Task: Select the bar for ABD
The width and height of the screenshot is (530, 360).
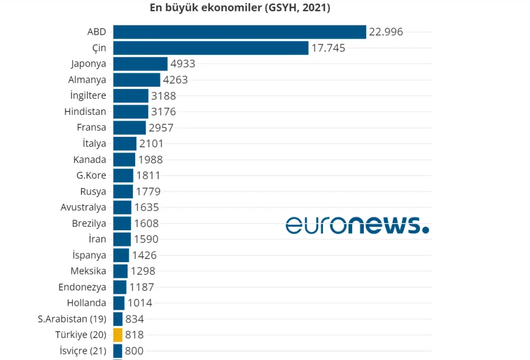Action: click(x=240, y=32)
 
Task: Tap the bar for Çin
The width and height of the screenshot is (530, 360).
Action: click(x=210, y=48)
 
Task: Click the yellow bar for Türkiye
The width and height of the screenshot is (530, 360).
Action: click(x=118, y=335)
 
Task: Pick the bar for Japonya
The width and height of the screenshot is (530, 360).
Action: click(x=140, y=64)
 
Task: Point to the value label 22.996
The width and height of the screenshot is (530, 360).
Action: click(x=386, y=32)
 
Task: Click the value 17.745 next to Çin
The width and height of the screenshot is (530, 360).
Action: click(x=328, y=48)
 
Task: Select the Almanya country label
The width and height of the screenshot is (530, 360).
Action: click(x=87, y=80)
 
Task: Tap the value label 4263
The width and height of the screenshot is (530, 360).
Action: click(x=176, y=80)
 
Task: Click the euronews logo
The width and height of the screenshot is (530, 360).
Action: click(x=357, y=225)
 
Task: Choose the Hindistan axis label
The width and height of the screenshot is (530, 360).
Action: click(x=85, y=112)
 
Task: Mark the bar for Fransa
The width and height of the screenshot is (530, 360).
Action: click(x=130, y=128)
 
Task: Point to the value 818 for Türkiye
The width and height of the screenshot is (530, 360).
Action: click(x=135, y=335)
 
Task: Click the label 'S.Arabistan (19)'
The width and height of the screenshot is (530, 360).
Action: click(x=72, y=319)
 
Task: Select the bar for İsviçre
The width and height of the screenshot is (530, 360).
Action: click(x=118, y=351)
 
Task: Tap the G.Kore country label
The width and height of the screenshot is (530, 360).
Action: click(x=91, y=176)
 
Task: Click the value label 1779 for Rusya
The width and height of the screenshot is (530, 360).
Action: click(x=148, y=192)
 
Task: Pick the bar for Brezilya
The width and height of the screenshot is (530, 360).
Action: click(x=122, y=224)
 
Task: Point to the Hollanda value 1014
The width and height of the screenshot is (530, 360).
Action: click(x=140, y=303)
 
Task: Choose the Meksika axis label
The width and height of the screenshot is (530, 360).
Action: click(x=88, y=271)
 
